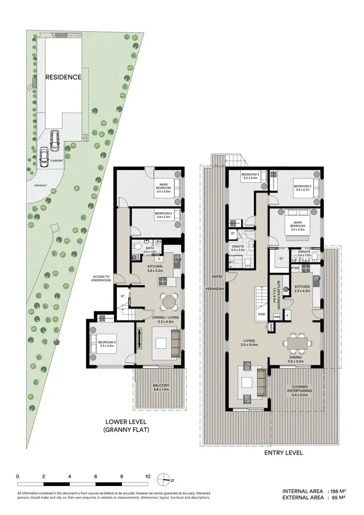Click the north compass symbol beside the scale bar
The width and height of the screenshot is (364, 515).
point(166,479)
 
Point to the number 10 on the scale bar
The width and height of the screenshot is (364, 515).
point(148,476)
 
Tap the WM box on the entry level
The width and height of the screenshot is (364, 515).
point(277,317)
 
